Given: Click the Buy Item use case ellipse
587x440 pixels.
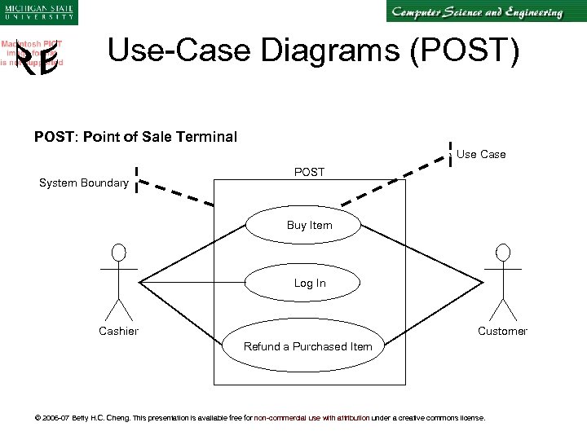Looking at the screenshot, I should (x=309, y=225).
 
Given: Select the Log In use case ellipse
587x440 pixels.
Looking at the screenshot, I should (x=309, y=284).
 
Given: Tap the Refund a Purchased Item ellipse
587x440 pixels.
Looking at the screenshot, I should (x=307, y=346).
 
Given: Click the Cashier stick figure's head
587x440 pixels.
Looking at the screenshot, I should (x=120, y=252).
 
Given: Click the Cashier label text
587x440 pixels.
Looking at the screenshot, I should (x=118, y=331).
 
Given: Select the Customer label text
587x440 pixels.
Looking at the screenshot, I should (x=502, y=331).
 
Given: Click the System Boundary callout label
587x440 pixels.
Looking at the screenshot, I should (x=84, y=183).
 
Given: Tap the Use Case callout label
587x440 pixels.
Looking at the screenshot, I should (x=481, y=154).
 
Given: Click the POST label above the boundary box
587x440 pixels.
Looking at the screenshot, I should (x=309, y=172).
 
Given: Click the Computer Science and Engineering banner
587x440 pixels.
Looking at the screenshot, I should (x=476, y=12).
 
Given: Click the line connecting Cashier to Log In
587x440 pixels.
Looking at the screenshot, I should (x=192, y=284).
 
